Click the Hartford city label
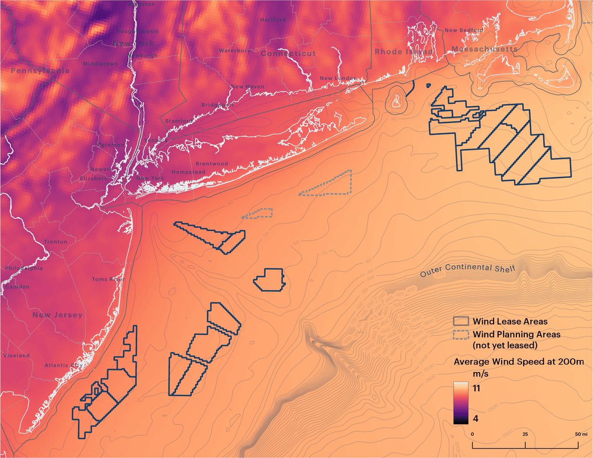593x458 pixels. (273, 20)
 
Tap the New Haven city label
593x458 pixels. (248, 86)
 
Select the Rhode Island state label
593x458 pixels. (404, 51)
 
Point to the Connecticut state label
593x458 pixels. (288, 53)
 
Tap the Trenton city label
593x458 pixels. (56, 242)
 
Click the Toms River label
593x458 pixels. (108, 279)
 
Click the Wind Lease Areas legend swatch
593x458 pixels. (461, 322)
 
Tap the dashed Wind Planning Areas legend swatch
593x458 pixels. (461, 334)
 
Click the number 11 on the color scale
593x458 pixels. (478, 388)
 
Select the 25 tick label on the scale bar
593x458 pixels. (525, 433)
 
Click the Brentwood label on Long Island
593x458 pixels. (212, 164)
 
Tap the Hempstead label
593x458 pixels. (188, 172)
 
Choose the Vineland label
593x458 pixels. (16, 355)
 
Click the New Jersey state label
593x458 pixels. (57, 315)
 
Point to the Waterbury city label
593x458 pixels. (231, 50)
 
